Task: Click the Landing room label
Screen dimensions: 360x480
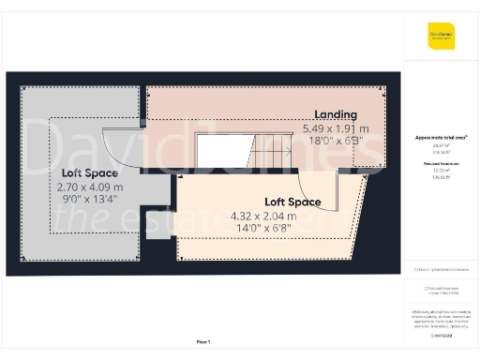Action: pyautogui.click(x=335, y=114)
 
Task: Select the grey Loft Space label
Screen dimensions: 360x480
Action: pyautogui.click(x=90, y=173)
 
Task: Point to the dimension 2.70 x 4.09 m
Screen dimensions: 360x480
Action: pyautogui.click(x=90, y=186)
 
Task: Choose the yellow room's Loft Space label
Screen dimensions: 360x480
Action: pyautogui.click(x=292, y=202)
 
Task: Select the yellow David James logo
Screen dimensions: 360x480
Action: pyautogui.click(x=442, y=36)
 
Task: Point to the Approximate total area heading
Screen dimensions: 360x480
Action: pyautogui.click(x=442, y=137)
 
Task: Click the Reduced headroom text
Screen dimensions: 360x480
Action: pyautogui.click(x=442, y=162)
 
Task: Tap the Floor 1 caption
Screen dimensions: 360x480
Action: pyautogui.click(x=203, y=342)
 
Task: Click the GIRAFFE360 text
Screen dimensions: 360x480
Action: pyautogui.click(x=442, y=335)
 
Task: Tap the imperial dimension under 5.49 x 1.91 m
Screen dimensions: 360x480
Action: pyautogui.click(x=335, y=141)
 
